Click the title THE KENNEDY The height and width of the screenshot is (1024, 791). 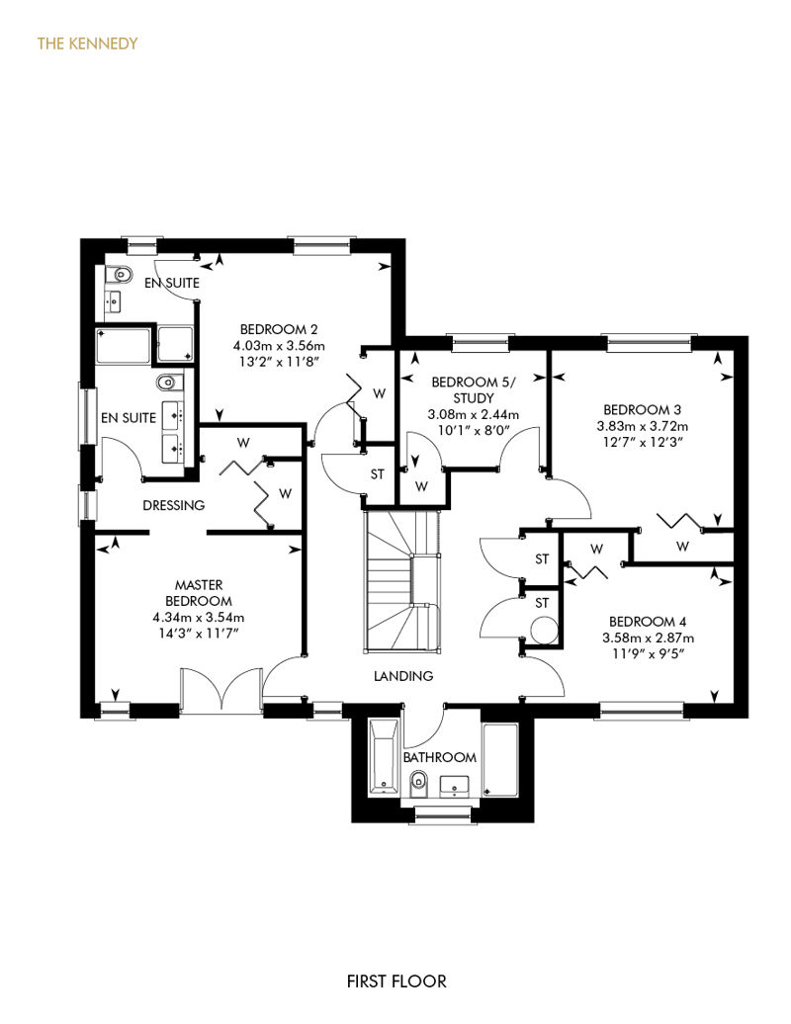[x=87, y=43]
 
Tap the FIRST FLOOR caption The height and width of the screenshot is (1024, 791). [x=396, y=981]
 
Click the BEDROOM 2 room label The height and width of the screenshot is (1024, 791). [x=279, y=329]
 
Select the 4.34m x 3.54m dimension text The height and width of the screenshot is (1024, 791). [x=199, y=617]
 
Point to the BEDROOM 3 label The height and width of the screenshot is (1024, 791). [x=642, y=410]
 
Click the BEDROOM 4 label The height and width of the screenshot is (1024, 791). [x=648, y=622]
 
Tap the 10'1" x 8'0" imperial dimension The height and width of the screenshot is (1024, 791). [x=474, y=430]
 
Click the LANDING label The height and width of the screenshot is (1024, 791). [x=403, y=676]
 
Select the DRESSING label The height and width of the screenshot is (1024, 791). [x=174, y=505]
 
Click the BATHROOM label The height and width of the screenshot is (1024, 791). [x=440, y=757]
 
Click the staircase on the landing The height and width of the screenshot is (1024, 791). [x=402, y=581]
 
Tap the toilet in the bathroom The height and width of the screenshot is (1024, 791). [x=418, y=783]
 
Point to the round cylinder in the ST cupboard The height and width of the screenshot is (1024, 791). [x=544, y=632]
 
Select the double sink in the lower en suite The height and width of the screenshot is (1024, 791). [x=173, y=431]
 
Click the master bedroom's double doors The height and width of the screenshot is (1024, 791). [x=222, y=690]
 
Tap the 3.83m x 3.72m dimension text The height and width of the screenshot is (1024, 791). [x=642, y=426]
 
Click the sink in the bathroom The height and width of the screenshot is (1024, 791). [x=455, y=787]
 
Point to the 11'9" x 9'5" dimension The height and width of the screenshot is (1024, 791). [x=648, y=653]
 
